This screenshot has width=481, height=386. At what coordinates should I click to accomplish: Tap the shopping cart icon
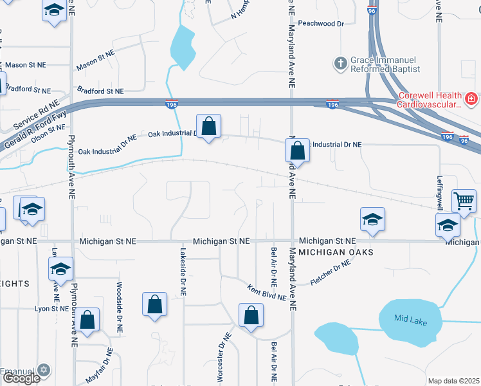pyautogui.click(x=464, y=201)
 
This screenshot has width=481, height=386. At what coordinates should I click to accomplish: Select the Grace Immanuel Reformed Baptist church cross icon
pyautogui.click(x=340, y=64)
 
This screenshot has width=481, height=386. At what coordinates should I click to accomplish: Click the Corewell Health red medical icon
pyautogui.click(x=471, y=99)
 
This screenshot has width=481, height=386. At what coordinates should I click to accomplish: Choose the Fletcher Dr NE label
pyautogui.click(x=331, y=273)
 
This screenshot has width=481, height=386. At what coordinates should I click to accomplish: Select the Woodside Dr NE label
pyautogui.click(x=120, y=301)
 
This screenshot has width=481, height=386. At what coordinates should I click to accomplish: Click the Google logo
pyautogui.click(x=21, y=378)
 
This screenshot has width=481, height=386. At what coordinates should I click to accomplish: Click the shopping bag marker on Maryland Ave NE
pyautogui.click(x=297, y=151)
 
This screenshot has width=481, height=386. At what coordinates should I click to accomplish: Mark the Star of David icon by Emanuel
pyautogui.click(x=44, y=370)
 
